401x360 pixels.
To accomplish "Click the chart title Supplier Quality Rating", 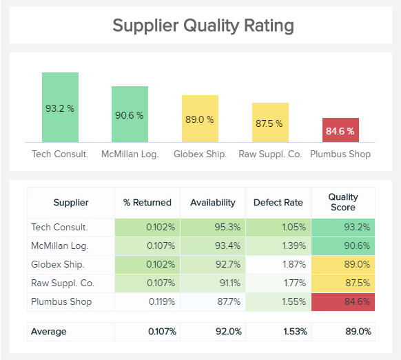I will coord(203,26).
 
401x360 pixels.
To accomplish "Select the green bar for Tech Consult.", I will coord(60,108).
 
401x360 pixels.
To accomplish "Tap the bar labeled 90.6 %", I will coord(130,114).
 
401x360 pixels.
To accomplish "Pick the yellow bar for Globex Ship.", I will coord(200,119).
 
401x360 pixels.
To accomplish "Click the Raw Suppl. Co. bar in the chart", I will coord(270,123).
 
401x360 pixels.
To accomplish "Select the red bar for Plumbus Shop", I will coord(340,130).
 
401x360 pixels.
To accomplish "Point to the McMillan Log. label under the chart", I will coord(130,154).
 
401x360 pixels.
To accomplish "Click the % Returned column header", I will coord(147,203).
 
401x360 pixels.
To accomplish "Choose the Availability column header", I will coord(212,203).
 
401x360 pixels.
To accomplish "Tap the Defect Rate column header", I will coord(278,203).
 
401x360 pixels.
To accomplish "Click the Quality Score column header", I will coord(343,203).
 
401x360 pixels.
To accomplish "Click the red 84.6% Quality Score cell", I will coord(343,301).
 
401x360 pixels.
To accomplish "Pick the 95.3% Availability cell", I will coord(212,227).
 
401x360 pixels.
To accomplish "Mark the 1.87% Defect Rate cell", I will coord(278,264).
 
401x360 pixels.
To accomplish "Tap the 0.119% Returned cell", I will coord(147,301).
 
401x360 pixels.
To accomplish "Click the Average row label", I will coord(49,332).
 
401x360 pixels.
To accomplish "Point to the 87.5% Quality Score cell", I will coord(343,283).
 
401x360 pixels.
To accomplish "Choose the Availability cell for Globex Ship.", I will coord(212,264).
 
